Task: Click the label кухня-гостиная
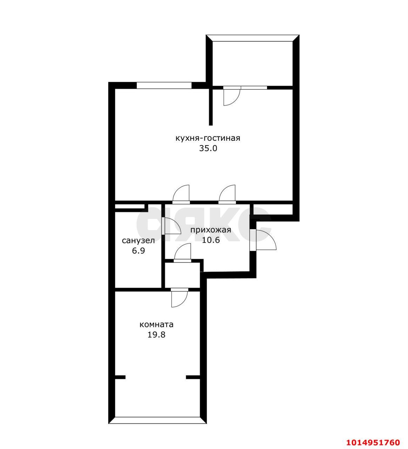point(208,138)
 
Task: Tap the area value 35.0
point(208,148)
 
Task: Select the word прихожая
point(211,230)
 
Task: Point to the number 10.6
point(211,240)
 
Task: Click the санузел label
point(138,241)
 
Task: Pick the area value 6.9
point(138,251)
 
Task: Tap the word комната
point(156,324)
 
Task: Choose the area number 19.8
point(156,335)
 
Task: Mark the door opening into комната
point(179,298)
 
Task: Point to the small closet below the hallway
point(182,275)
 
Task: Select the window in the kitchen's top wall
point(164,85)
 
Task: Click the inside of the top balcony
point(252,63)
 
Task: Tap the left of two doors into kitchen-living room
point(181,194)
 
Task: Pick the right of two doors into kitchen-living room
point(227,194)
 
